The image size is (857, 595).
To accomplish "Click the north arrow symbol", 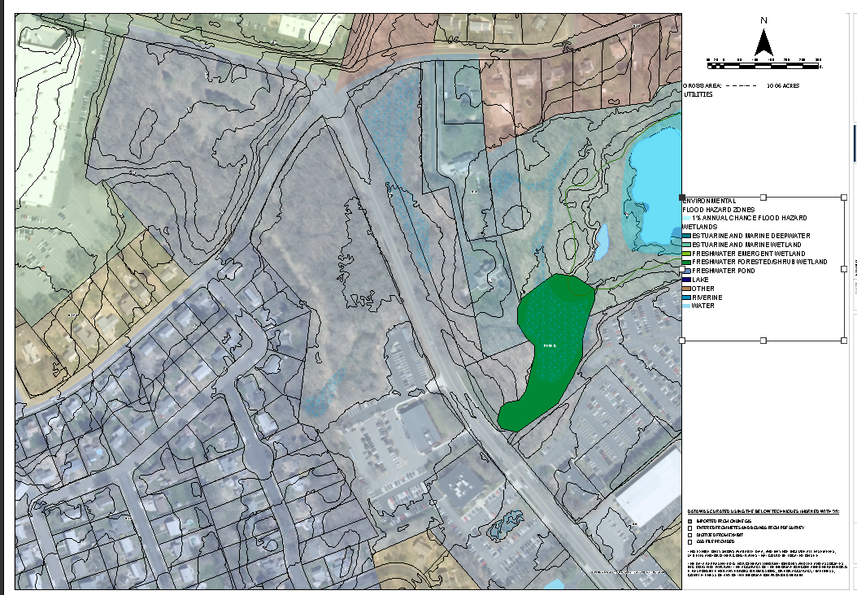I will point(763,41).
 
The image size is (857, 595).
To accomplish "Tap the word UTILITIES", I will point(698,94).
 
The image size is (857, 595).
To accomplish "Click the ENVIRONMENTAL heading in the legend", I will point(710,201).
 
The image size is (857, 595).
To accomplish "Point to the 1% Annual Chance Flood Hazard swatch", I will point(687,219).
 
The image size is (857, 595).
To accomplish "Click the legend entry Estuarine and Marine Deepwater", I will point(741,236).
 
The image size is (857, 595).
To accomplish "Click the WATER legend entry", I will point(703,306).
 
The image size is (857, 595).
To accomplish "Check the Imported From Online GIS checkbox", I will point(690,520).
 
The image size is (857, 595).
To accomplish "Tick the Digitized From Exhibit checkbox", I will point(690,533).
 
